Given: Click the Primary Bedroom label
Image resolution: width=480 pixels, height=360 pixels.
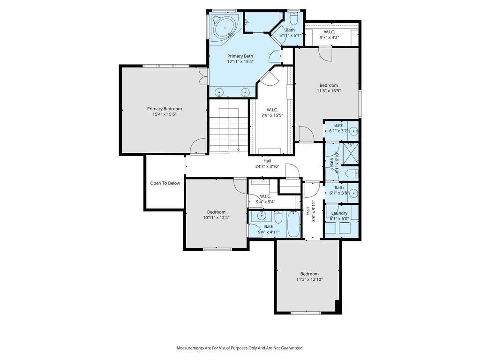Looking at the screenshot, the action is tap(165, 109).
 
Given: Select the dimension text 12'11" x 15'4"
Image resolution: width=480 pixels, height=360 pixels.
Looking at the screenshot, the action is tap(240, 61).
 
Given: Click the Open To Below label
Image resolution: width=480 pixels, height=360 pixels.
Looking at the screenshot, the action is tap(165, 183).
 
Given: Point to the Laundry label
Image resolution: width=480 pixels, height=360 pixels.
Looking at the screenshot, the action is tap(339, 213).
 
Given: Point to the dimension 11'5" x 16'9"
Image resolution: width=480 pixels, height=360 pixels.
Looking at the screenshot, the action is tap(329, 90).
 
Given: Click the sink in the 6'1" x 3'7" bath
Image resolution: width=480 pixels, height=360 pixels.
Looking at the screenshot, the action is tap(353, 131).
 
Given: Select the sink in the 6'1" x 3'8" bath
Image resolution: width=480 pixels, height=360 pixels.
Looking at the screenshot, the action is tap(353, 193).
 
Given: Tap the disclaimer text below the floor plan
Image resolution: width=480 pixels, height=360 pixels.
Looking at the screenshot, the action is tap(240, 348).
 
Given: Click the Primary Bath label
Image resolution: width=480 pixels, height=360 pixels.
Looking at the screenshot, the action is tap(240, 56).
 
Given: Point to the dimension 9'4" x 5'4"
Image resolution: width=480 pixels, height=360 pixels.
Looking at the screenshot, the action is tap(265, 202).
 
